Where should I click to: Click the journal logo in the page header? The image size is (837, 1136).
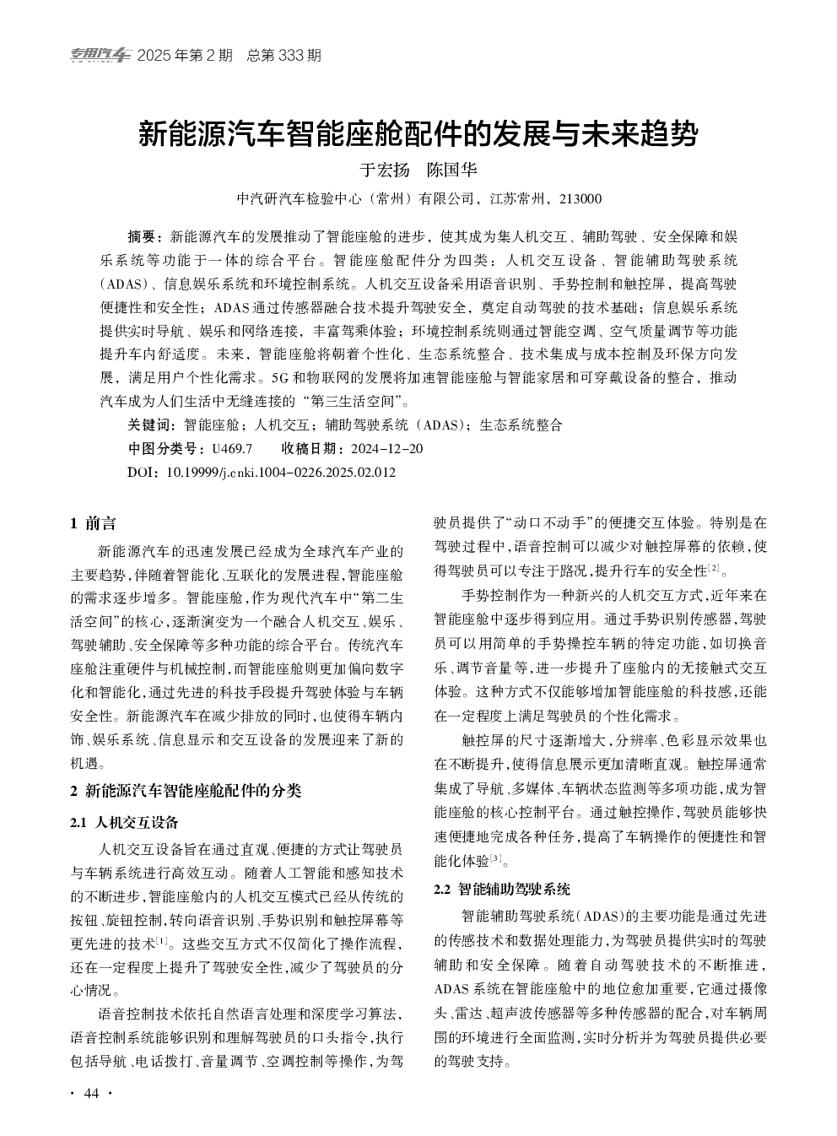(100, 56)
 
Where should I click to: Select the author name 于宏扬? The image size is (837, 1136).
(385, 170)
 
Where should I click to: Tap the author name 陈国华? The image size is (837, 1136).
(452, 170)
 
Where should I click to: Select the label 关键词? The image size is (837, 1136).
(150, 425)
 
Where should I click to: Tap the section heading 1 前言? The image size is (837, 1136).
(94, 524)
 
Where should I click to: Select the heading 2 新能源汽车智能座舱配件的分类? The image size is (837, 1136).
(186, 791)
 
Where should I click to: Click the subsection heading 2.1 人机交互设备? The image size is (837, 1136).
(125, 822)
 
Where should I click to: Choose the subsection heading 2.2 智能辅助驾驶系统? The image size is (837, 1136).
(502, 889)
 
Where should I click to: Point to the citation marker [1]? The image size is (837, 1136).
(162, 940)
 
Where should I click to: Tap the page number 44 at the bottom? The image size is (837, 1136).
(92, 1094)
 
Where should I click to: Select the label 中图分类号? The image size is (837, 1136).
(167, 448)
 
